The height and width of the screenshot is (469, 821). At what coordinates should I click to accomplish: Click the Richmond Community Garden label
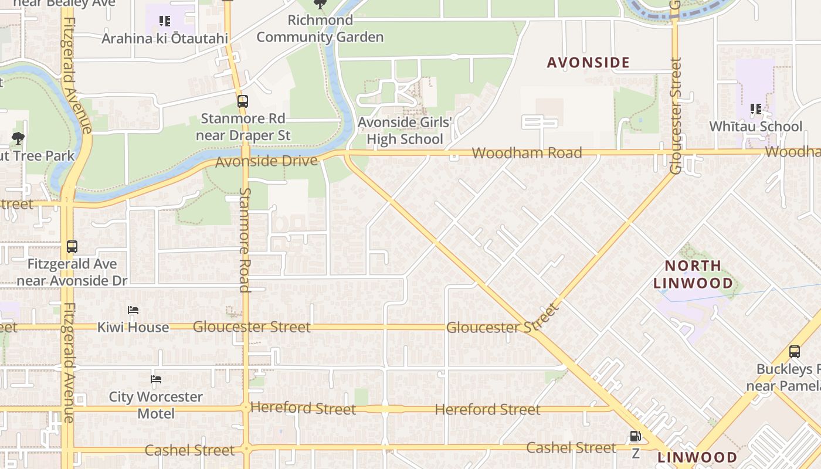[x=320, y=29]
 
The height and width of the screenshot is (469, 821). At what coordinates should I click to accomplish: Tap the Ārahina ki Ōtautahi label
[x=165, y=39]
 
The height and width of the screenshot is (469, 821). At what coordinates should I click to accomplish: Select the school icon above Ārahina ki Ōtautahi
[x=165, y=22]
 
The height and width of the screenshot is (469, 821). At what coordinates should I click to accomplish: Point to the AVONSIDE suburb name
[x=588, y=63]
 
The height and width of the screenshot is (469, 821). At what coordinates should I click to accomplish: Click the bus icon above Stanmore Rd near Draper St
[x=243, y=101]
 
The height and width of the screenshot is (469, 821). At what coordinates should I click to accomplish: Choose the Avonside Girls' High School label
[x=405, y=131]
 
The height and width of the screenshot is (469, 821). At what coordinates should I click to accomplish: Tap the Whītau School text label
[x=755, y=127]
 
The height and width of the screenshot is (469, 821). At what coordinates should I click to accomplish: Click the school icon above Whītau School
[x=756, y=109]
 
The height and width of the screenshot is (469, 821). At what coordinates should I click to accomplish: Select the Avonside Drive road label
[x=266, y=161]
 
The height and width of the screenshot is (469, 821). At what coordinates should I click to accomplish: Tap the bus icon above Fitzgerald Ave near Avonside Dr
[x=72, y=247]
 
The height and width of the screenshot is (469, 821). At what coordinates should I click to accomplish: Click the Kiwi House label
[x=133, y=327]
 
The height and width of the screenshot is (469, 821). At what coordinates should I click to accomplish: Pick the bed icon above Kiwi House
[x=133, y=310]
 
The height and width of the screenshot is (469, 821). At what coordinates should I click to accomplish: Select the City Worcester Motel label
[x=156, y=405]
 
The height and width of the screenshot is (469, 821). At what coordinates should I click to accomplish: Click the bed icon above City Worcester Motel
[x=156, y=379]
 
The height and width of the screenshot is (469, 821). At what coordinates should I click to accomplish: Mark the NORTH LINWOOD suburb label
[x=693, y=274]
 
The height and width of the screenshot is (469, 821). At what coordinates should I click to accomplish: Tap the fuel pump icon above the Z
[x=635, y=437]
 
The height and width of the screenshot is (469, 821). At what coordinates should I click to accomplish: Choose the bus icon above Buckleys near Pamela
[x=795, y=352]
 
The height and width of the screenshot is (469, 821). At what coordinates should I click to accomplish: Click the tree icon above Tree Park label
[x=18, y=139]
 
